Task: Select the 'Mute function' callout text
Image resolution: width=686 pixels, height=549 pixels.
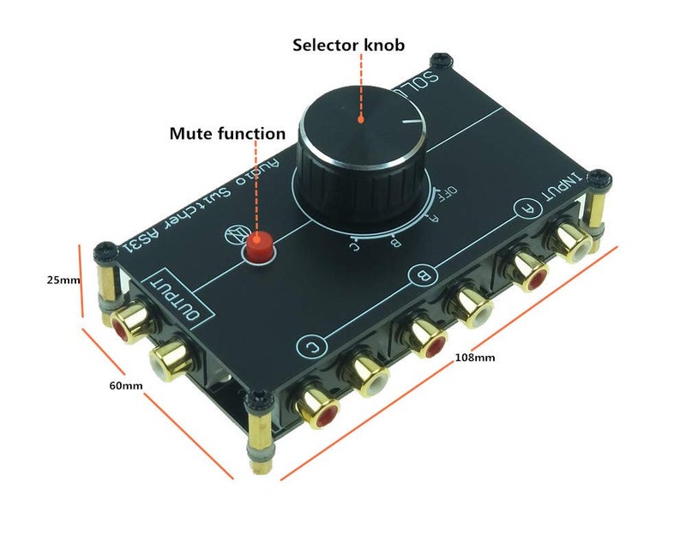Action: (227, 134)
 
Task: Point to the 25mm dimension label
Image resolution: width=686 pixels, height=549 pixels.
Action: (39, 280)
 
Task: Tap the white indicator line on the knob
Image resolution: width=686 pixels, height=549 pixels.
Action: (414, 123)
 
